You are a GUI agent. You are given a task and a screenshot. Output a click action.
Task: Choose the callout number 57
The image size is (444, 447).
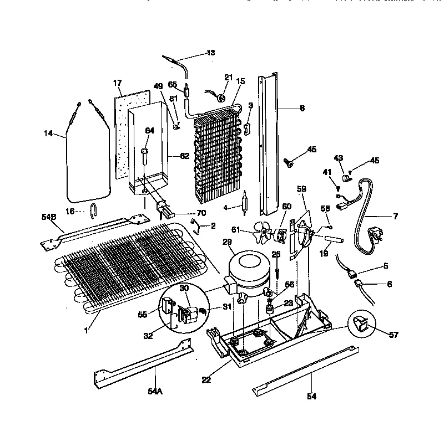click(379, 335)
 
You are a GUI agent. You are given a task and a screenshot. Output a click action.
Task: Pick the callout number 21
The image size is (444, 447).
click(228, 77)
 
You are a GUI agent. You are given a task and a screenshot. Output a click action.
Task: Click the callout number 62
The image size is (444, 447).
click(184, 156)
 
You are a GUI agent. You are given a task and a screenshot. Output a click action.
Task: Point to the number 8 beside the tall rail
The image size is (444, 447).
click(302, 109)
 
